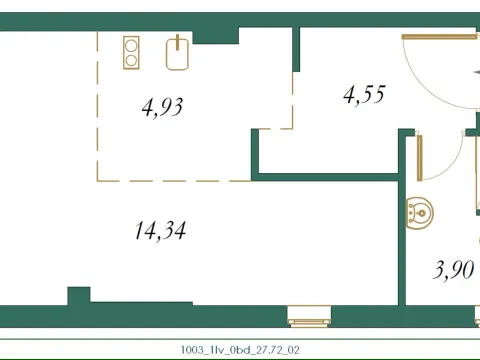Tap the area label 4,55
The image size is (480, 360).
click(x=363, y=96)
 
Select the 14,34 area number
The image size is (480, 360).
click(x=159, y=231)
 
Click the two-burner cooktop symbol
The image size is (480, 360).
click(x=131, y=51)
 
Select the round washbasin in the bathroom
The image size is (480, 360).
click(x=421, y=211)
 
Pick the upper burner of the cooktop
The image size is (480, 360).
click(x=131, y=44)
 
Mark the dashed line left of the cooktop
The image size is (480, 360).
click(x=98, y=100)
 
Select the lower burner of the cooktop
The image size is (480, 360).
click(x=131, y=59)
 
